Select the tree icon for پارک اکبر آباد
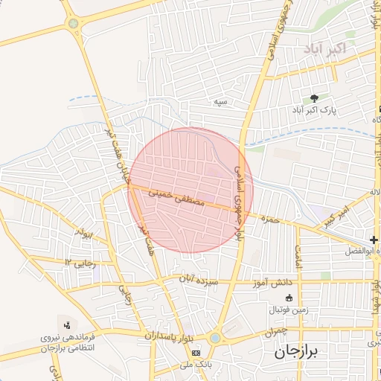point(315,97)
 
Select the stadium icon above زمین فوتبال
point(289,298)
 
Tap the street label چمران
point(275,333)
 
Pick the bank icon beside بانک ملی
point(196,352)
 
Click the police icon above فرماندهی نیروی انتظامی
point(68,324)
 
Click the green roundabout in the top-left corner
point(73,23)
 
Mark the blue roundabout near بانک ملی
point(215,338)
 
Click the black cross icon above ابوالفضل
point(374,239)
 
